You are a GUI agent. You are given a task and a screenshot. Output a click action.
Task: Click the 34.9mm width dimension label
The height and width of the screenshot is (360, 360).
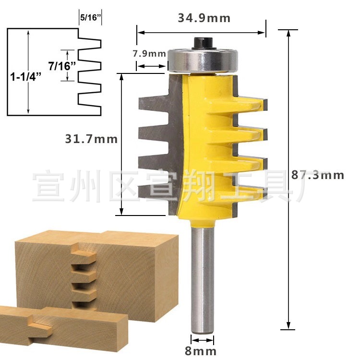[204, 19]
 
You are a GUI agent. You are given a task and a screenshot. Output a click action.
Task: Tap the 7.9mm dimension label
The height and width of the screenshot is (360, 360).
[149, 53]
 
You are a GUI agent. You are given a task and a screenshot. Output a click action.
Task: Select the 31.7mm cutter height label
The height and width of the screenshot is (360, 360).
[91, 139]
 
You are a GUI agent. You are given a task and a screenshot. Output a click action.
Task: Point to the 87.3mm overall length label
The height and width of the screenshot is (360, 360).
[318, 175]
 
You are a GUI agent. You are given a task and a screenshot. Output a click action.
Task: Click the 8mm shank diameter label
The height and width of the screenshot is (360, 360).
[200, 351]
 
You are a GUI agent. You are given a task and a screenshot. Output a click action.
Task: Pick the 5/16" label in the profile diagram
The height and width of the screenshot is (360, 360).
[90, 18]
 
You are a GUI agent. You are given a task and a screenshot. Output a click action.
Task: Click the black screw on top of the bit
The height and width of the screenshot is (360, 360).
[200, 42]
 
